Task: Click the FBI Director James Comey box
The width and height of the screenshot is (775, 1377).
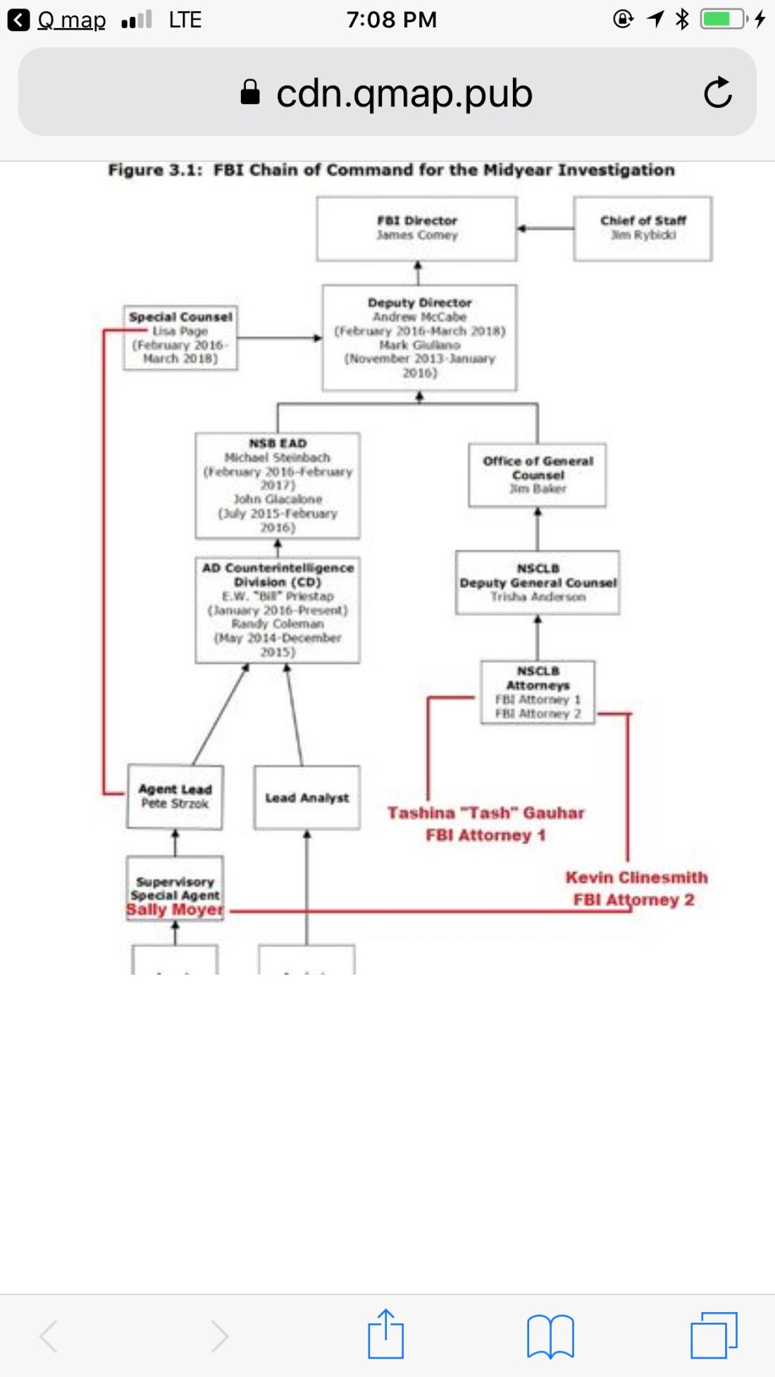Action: click(x=416, y=228)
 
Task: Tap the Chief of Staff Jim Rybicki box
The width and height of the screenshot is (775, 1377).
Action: click(x=643, y=228)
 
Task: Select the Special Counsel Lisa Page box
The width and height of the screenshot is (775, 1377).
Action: click(x=180, y=337)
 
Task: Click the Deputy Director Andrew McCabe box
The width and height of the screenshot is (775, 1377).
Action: click(x=419, y=337)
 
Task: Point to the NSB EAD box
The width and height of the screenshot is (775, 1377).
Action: click(x=278, y=485)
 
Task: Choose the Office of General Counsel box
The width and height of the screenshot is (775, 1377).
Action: click(x=538, y=475)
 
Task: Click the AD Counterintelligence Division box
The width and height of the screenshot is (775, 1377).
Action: click(x=278, y=609)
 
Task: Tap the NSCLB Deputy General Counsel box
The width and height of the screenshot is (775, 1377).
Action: click(x=538, y=582)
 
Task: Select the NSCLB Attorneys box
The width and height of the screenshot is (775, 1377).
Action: click(x=538, y=692)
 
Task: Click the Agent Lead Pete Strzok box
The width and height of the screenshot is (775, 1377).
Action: click(x=175, y=797)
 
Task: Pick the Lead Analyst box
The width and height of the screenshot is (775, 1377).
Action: click(x=306, y=797)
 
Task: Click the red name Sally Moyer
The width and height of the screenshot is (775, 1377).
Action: click(x=175, y=910)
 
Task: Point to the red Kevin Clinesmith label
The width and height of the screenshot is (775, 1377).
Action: click(x=636, y=878)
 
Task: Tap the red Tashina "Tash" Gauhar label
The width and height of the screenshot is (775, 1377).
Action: click(x=485, y=813)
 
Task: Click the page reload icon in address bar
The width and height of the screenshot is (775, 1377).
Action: click(x=717, y=92)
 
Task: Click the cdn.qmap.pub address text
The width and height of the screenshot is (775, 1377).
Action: click(x=404, y=93)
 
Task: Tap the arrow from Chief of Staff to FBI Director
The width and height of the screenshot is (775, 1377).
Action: click(x=545, y=228)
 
